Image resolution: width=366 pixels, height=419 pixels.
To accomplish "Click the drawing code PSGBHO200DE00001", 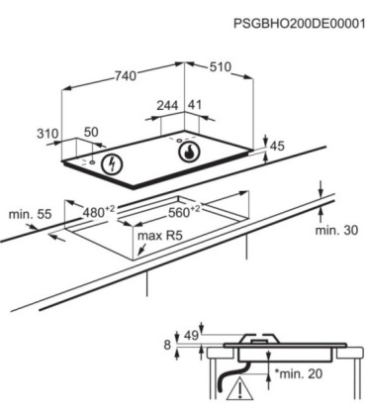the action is pos(300,24).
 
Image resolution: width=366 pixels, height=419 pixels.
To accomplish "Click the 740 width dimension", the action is pos(125,76).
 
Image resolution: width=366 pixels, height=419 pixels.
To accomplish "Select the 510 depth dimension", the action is pos(221,67).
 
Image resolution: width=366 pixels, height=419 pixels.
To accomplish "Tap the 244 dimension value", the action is pos(167,106).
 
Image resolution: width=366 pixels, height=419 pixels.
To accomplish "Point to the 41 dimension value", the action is pos(195,105).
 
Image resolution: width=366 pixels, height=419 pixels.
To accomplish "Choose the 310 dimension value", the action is pos(47,134).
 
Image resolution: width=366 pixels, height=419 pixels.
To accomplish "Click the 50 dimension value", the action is pos(91,132).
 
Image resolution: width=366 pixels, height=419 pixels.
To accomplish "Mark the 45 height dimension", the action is pos(277,147).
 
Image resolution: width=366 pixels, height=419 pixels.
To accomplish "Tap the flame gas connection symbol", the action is pos(189,153).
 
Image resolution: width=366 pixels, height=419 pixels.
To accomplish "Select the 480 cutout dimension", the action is pos(99,211).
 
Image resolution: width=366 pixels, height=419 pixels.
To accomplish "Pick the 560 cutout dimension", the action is pos(184,211).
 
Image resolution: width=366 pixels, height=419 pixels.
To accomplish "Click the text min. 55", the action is pos(30,214).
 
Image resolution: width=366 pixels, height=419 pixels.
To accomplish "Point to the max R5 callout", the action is pos(160,236).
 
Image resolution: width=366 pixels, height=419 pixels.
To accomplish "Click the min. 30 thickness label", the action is pos(336,230).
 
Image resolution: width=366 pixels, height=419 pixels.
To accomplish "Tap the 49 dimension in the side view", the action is pos(191,336).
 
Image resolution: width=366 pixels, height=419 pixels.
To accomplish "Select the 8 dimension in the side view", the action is pos(167,345).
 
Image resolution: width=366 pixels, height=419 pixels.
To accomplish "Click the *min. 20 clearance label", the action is pos(299,373).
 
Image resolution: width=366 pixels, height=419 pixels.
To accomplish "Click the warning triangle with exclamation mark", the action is pos(239,389).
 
